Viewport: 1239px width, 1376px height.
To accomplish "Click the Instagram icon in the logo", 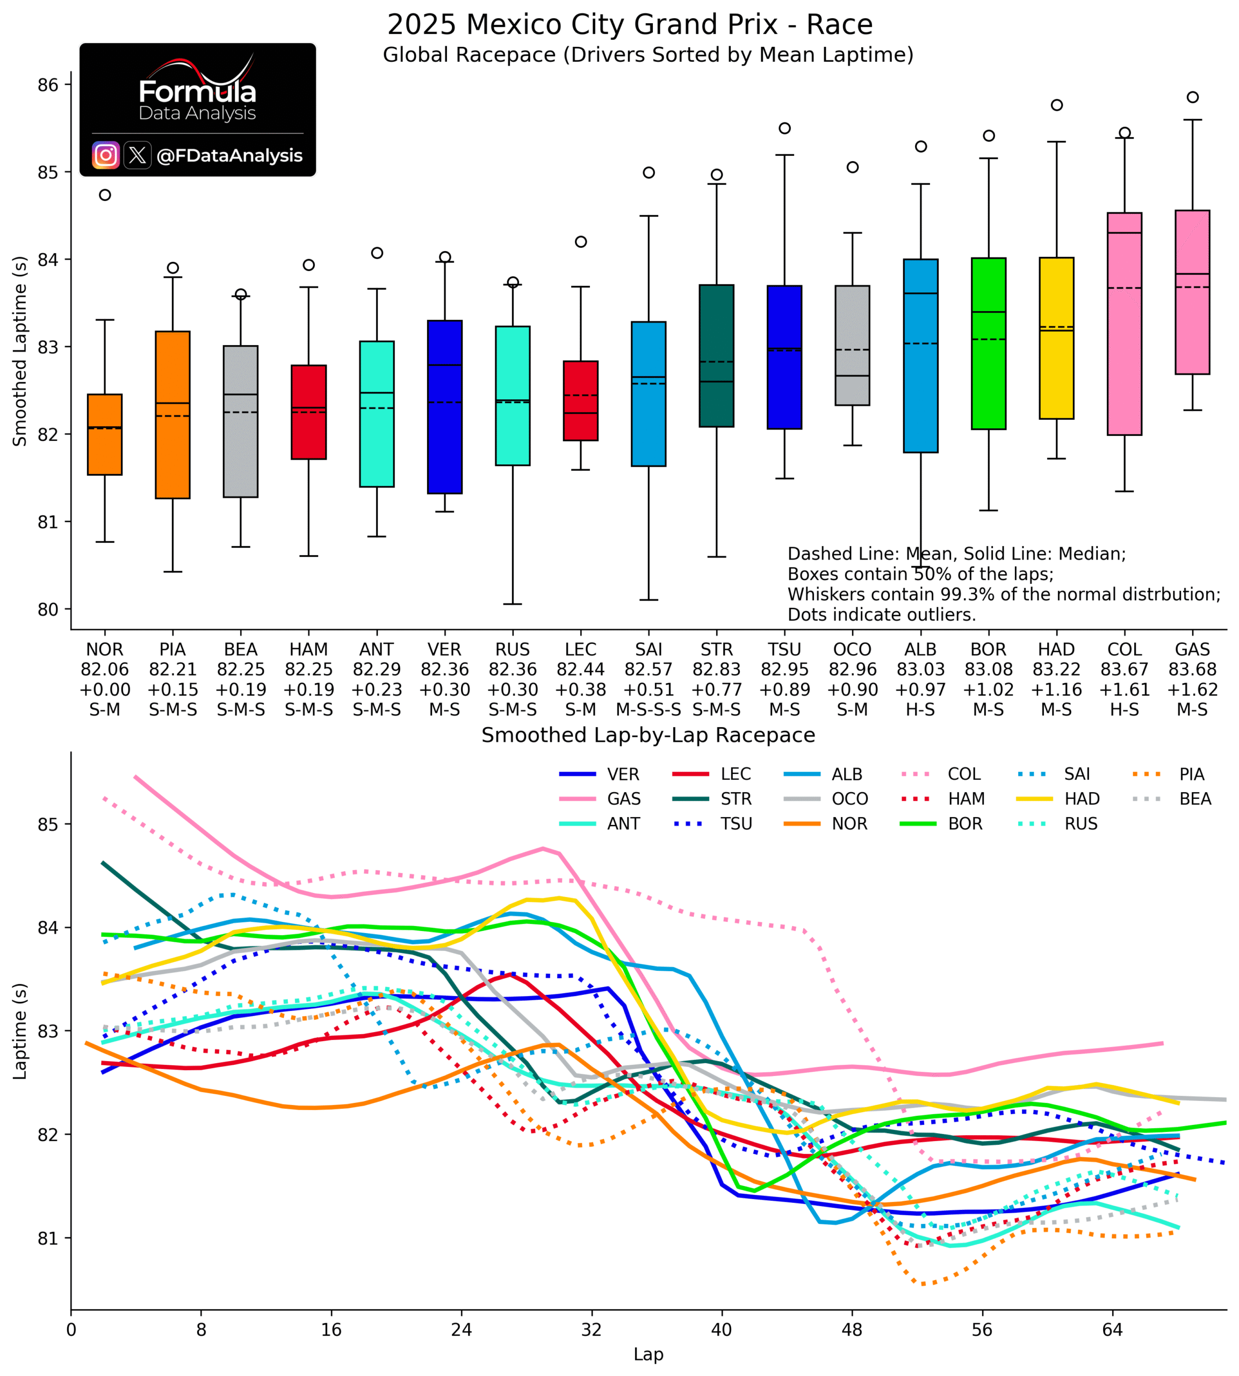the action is (x=105, y=155).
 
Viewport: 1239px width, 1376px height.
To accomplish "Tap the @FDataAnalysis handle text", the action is (x=229, y=156).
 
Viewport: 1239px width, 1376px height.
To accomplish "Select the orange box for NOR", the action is (x=105, y=434).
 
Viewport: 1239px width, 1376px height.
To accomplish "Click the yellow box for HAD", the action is (x=1056, y=339).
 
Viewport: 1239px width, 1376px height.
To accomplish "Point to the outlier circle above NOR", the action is (x=105, y=195).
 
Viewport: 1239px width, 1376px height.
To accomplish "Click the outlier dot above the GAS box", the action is (x=1193, y=97).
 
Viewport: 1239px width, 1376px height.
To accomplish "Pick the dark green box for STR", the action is (x=717, y=356).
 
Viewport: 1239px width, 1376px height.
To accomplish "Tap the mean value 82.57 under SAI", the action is (x=649, y=669).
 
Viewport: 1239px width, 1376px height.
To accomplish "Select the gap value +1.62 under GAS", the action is (x=1193, y=690).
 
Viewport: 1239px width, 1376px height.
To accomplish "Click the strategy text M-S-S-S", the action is (x=649, y=709).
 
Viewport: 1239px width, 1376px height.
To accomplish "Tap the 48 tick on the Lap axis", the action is (x=852, y=1330).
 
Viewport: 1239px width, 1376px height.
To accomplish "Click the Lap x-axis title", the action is (x=648, y=1354).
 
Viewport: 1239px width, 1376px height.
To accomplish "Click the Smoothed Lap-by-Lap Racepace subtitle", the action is (x=648, y=735).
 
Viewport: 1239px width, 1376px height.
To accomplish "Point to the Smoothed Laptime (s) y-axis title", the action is (x=20, y=352).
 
